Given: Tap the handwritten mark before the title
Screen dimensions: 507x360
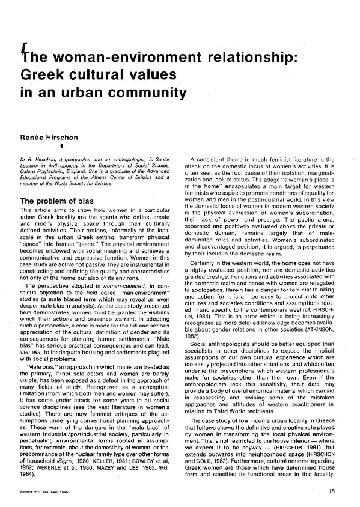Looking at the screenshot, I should (x=22, y=49).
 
